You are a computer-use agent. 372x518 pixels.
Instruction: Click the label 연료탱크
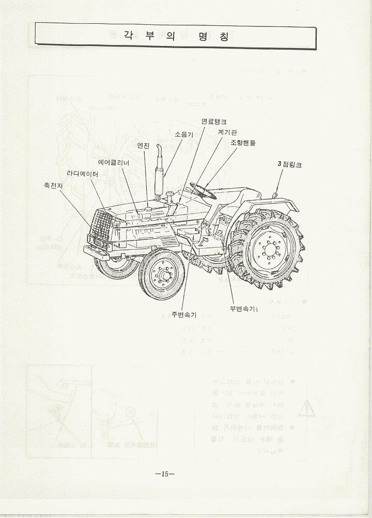point(213,122)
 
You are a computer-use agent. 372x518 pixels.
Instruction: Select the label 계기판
point(227,132)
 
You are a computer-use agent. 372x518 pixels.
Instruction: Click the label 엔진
point(144,146)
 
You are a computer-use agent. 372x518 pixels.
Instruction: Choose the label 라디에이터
point(83,174)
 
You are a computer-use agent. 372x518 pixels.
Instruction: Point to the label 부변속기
point(243,309)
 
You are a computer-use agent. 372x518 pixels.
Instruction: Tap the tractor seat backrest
point(238,197)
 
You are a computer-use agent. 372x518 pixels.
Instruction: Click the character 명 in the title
point(203,37)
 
